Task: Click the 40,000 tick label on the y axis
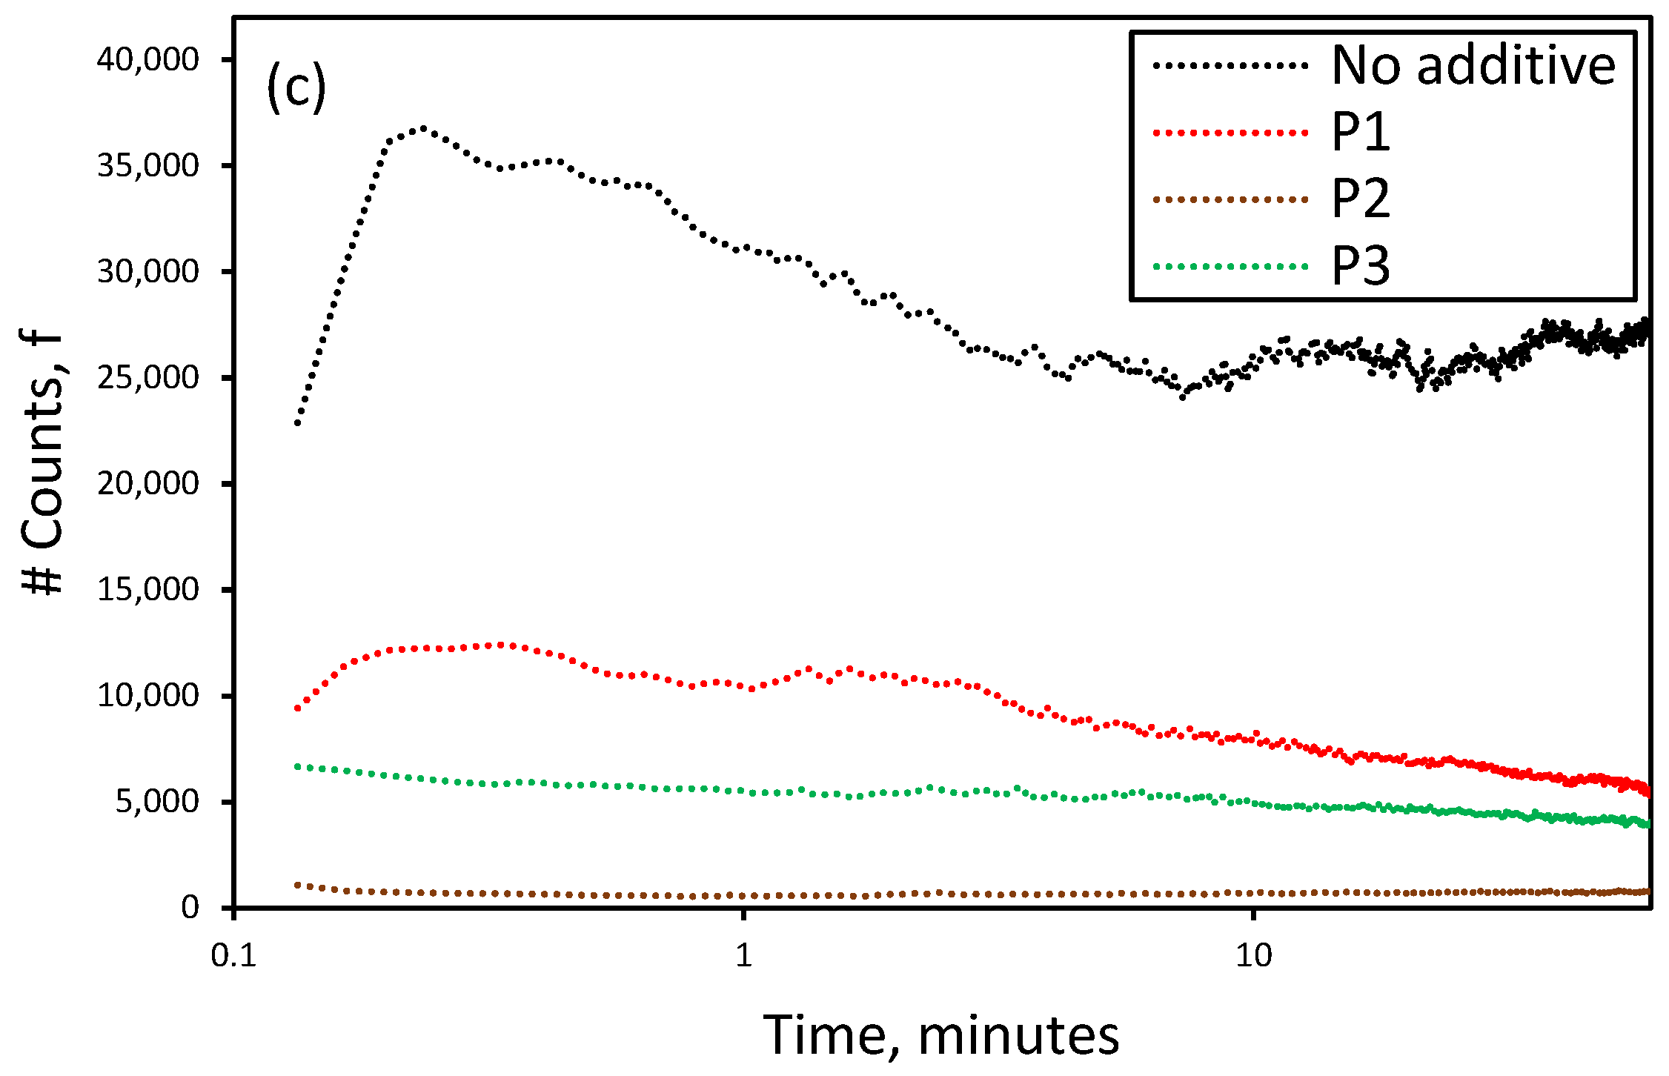[147, 59]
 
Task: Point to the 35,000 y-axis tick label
[147, 165]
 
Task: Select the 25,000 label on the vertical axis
[147, 377]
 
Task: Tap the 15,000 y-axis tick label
[147, 589]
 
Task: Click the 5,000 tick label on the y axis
[156, 801]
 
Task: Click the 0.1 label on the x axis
[233, 956]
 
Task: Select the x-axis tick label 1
[743, 956]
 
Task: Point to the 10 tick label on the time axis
[1253, 956]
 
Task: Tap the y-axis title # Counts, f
[43, 463]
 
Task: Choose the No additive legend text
[1473, 66]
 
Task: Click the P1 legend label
[1361, 133]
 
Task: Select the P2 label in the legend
[1361, 199]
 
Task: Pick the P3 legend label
[1361, 265]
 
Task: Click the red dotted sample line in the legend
[1230, 133]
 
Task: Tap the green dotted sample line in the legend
[1230, 266]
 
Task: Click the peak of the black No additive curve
[423, 129]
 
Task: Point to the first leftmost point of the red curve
[297, 708]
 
